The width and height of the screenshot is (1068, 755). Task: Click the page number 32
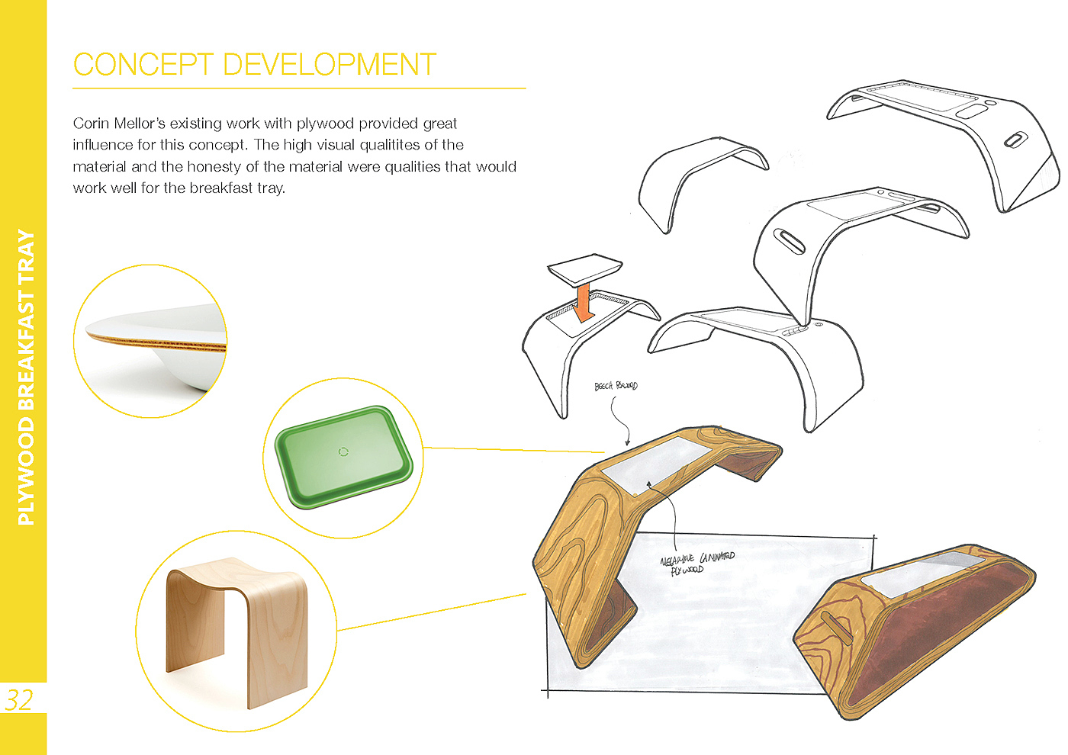pos(19,699)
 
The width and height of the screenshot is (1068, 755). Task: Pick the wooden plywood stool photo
pos(236,630)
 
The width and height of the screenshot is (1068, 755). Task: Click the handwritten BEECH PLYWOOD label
pos(616,386)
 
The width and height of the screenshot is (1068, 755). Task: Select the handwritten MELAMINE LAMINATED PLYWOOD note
pos(696,563)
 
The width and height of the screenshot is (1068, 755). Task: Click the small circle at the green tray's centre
pos(343,452)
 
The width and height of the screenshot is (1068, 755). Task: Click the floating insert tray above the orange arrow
pos(584,268)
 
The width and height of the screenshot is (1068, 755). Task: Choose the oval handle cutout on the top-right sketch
pos(1015,140)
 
